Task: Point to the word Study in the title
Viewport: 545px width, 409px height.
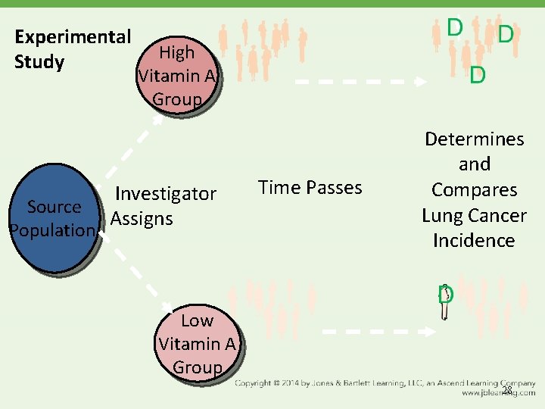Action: point(39,61)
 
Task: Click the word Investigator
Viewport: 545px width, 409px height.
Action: point(166,194)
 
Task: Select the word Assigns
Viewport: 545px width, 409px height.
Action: point(142,219)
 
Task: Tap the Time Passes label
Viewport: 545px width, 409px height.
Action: point(310,187)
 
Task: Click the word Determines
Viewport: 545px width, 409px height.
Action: point(474,139)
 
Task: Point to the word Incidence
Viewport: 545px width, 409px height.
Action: point(474,241)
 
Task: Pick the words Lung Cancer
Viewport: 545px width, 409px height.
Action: point(474,216)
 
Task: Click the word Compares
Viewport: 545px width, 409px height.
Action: point(474,190)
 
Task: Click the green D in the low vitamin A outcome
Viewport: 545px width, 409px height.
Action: point(445,295)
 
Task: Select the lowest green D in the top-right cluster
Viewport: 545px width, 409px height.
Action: point(477,76)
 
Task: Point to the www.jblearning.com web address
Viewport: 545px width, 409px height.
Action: point(497,394)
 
